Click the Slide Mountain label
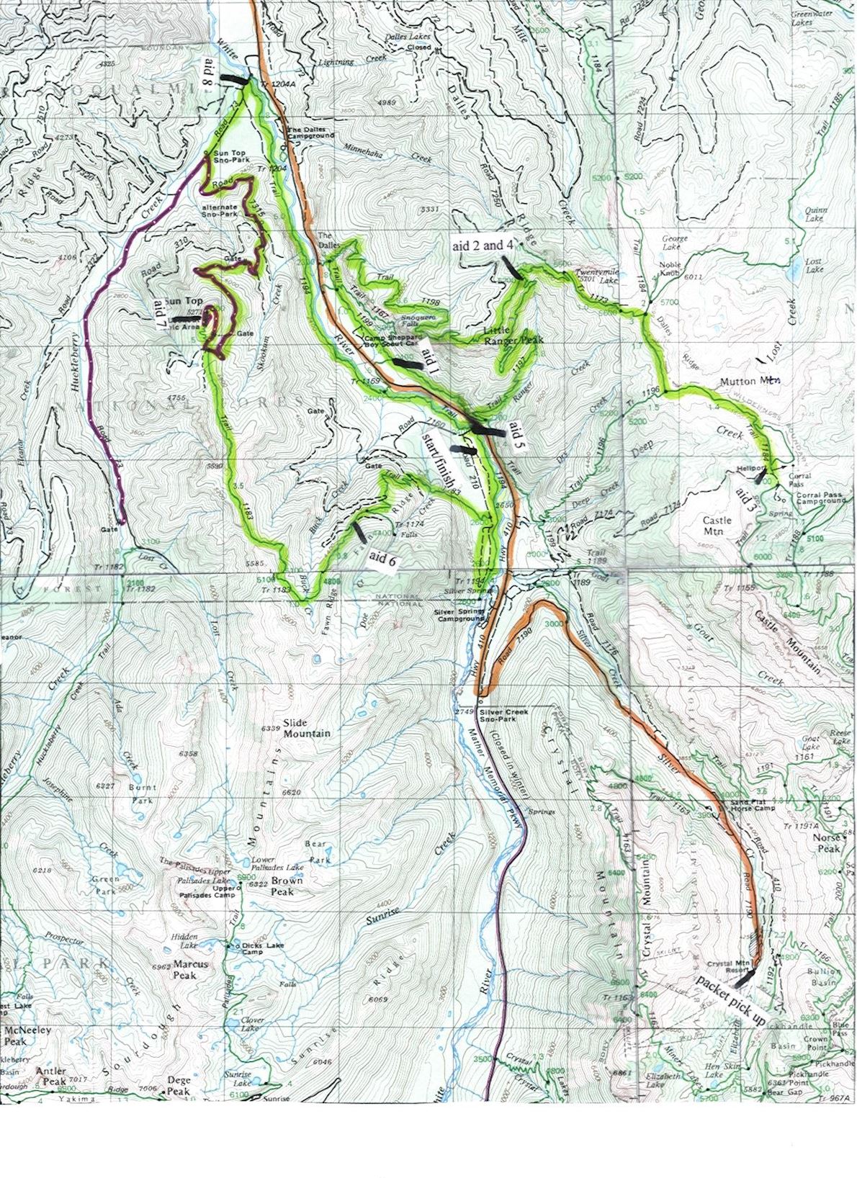point(306,728)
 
